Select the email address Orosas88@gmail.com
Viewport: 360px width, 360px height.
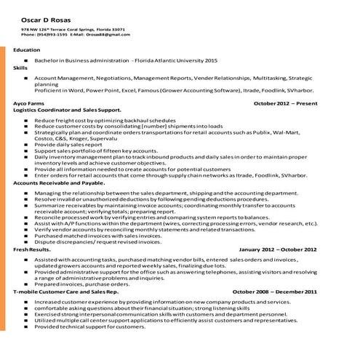pyautogui.click(x=111, y=34)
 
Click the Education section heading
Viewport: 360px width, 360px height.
pyautogui.click(x=27, y=49)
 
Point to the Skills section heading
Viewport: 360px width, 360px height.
pyautogui.click(x=20, y=67)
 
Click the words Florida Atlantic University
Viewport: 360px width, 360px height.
pyautogui.click(x=168, y=60)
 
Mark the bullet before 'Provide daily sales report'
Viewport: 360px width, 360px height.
pyautogui.click(x=26, y=145)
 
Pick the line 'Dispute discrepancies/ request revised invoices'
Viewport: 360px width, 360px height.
pyautogui.click(x=97, y=241)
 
